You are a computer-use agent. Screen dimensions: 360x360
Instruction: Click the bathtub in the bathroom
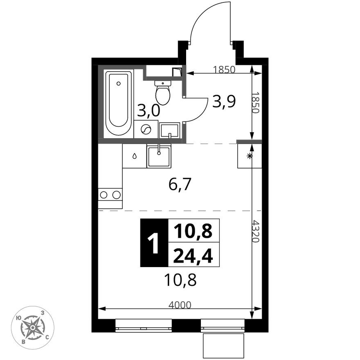(119, 104)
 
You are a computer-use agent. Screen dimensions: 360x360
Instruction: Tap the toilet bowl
(163, 93)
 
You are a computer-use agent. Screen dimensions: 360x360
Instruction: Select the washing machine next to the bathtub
(146, 130)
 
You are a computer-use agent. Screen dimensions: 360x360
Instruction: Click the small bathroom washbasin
(169, 130)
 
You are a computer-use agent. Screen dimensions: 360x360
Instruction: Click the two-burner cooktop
(110, 195)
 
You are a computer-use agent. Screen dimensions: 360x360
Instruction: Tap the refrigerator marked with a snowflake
(249, 156)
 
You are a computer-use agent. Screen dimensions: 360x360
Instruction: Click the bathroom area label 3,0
(148, 110)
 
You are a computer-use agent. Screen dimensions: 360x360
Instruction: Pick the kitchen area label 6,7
(180, 185)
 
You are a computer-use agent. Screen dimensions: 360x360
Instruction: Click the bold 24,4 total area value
(193, 256)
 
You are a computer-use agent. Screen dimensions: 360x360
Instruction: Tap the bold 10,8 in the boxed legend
(193, 232)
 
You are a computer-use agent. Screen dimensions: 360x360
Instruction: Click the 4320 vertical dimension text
(256, 231)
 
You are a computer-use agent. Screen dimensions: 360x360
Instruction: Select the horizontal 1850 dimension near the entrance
(224, 70)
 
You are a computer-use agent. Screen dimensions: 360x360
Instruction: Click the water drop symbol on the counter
(135, 156)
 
